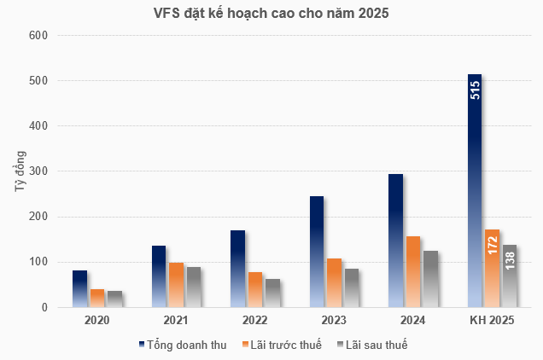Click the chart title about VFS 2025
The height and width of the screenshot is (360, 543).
271,13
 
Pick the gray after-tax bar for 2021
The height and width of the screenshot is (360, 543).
194,287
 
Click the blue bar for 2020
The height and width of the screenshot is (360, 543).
79,288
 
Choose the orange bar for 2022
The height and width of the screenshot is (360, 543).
255,289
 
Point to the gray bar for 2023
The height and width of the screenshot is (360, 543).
351,287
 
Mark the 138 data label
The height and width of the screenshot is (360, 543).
509,260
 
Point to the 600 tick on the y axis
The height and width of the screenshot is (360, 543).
39,36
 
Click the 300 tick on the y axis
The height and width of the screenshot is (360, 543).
39,171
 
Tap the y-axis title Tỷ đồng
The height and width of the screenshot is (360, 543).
20,171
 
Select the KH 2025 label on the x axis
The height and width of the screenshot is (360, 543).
493,321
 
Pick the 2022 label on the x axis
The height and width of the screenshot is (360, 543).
254,321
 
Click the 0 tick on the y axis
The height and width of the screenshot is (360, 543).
44,307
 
